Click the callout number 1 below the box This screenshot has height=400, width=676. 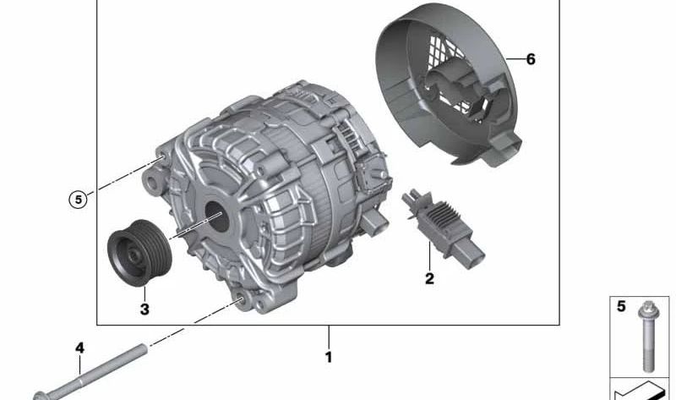[329, 357]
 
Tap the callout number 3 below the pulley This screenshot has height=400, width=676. [144, 310]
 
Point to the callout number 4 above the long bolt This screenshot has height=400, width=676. [79, 348]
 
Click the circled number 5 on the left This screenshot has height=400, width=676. [78, 200]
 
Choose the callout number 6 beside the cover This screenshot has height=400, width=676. [530, 59]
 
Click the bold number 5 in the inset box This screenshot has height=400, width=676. [621, 306]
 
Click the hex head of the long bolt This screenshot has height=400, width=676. [41, 395]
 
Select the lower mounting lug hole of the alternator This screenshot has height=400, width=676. [241, 297]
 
